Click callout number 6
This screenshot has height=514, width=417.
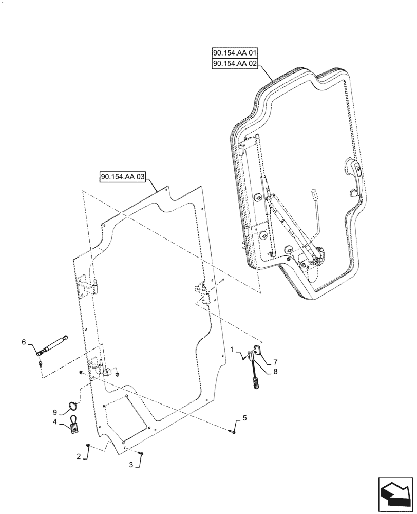point(23,341)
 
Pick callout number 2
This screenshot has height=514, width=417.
point(78,456)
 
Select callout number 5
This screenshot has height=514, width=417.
point(244,418)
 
